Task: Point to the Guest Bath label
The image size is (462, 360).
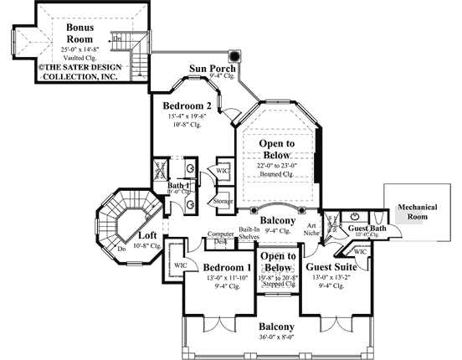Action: tap(366, 227)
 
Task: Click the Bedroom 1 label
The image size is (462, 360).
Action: tap(225, 267)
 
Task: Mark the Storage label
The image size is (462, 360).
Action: tap(223, 202)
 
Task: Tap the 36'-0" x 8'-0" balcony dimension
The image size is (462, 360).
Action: tap(275, 338)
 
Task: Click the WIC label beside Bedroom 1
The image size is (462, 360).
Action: tap(178, 266)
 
